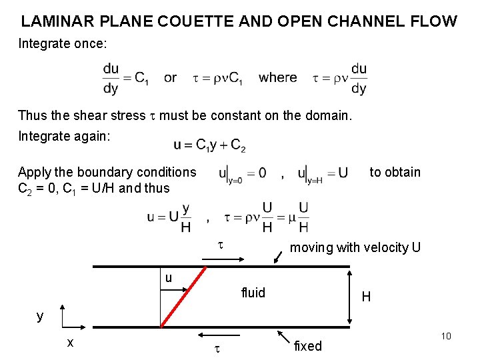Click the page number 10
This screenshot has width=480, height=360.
click(x=446, y=336)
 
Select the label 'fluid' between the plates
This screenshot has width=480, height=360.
click(x=253, y=293)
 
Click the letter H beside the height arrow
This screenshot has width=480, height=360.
click(x=366, y=297)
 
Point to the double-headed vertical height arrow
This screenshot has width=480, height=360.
click(x=349, y=297)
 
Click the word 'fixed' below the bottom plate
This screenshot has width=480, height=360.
click(x=307, y=346)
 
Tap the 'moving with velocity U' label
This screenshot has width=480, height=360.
click(x=355, y=248)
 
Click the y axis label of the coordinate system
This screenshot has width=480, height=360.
click(x=40, y=315)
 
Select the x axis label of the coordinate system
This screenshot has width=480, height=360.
click(x=70, y=343)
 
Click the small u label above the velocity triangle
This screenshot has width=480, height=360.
click(x=169, y=278)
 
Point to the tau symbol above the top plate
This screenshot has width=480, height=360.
click(x=221, y=246)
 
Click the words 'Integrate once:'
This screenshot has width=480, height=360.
click(x=63, y=45)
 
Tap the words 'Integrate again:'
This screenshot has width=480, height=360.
click(x=65, y=137)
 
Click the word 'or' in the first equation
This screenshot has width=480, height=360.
click(x=171, y=78)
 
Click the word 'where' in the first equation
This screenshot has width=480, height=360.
click(x=278, y=77)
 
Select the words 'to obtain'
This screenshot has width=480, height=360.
click(x=395, y=172)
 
